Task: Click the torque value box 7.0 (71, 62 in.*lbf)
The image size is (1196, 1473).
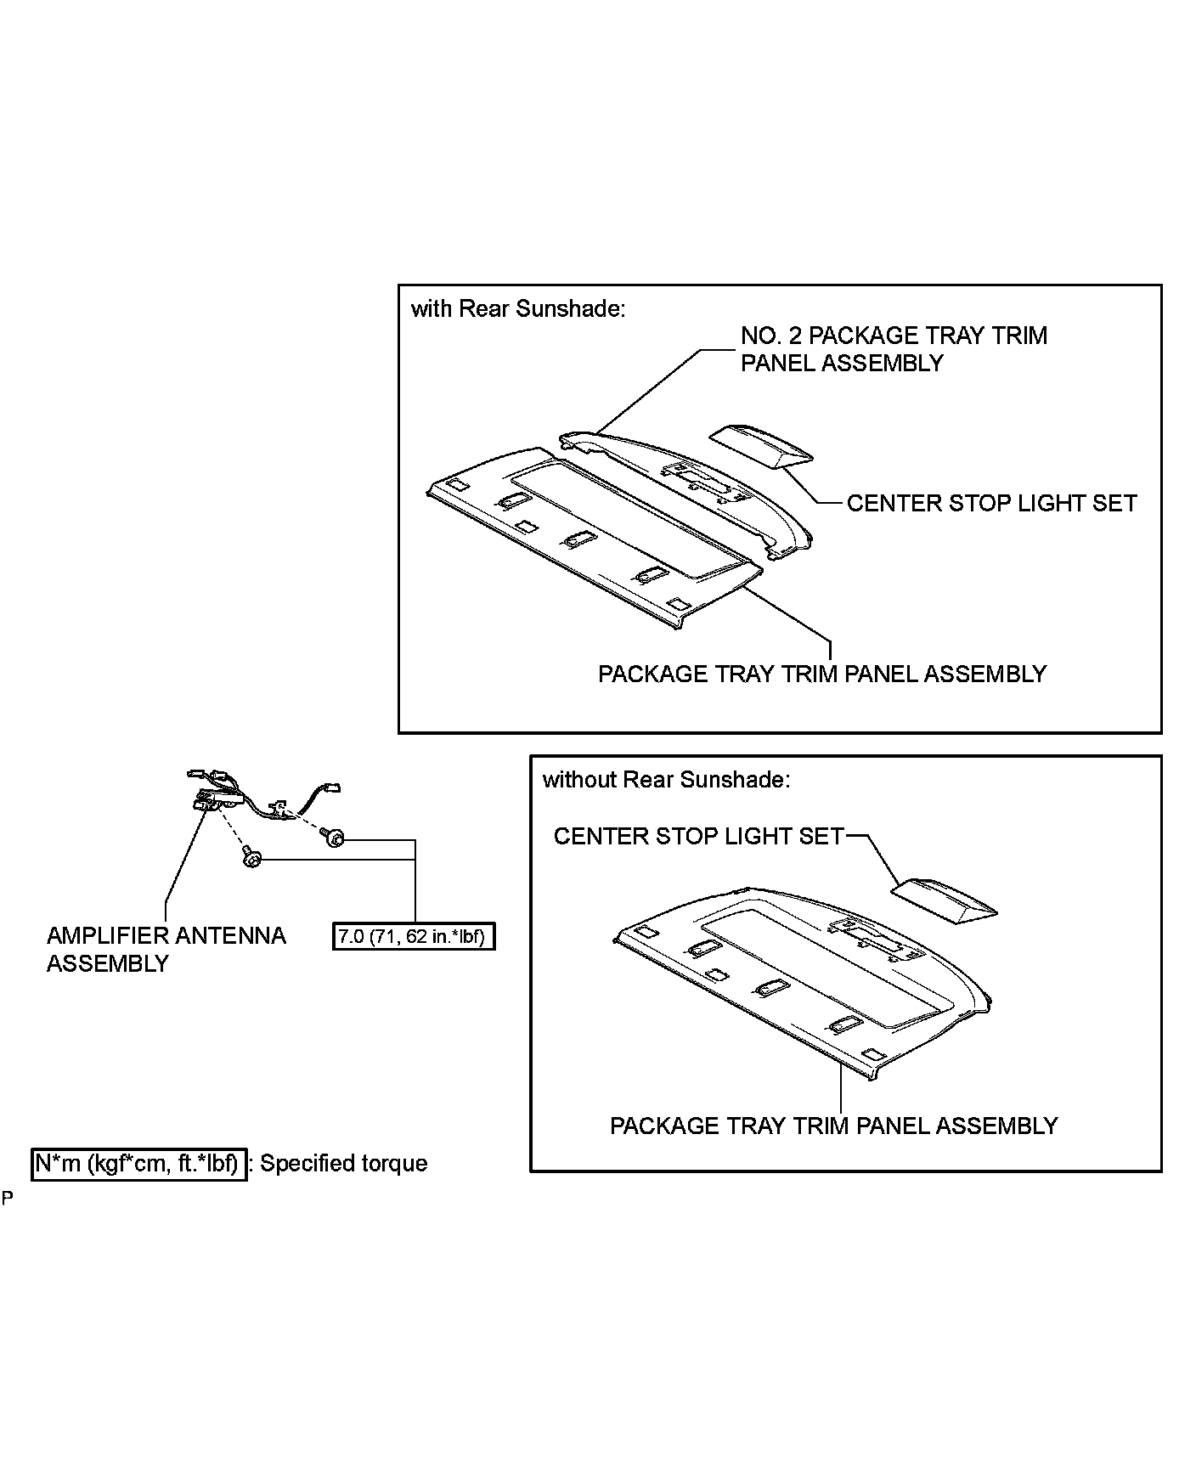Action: coord(412,937)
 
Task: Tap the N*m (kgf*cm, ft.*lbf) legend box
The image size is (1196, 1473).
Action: coord(139,1163)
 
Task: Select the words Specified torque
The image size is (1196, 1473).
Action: coord(343,1163)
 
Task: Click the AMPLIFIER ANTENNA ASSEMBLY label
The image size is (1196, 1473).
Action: coord(166,950)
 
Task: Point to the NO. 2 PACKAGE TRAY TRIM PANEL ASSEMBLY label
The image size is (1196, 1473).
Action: coord(894,349)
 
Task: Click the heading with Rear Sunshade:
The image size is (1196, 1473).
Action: coord(517,309)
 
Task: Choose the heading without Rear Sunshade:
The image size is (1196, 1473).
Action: coord(666,780)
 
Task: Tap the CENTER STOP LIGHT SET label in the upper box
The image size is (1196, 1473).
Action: coord(991,504)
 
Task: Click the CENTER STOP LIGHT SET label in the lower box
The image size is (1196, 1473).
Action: coord(698,837)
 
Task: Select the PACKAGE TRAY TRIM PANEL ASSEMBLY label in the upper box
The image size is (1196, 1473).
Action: coord(822,674)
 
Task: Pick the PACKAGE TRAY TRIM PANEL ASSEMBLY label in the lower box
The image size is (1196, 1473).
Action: coord(833,1126)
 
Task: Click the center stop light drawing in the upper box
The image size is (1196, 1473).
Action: coord(761,446)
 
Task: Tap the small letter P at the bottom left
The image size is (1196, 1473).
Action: coord(8,1199)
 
